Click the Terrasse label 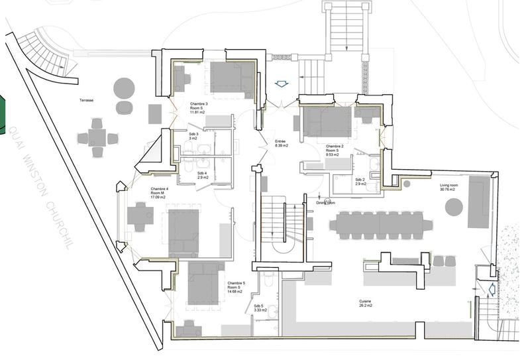point(84,99)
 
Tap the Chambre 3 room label point(198,108)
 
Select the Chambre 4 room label point(159,193)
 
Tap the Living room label point(450,187)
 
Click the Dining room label point(325,203)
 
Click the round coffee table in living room point(454,209)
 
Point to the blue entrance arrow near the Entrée point(281,84)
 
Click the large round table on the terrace point(124,87)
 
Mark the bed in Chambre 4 point(184,232)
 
